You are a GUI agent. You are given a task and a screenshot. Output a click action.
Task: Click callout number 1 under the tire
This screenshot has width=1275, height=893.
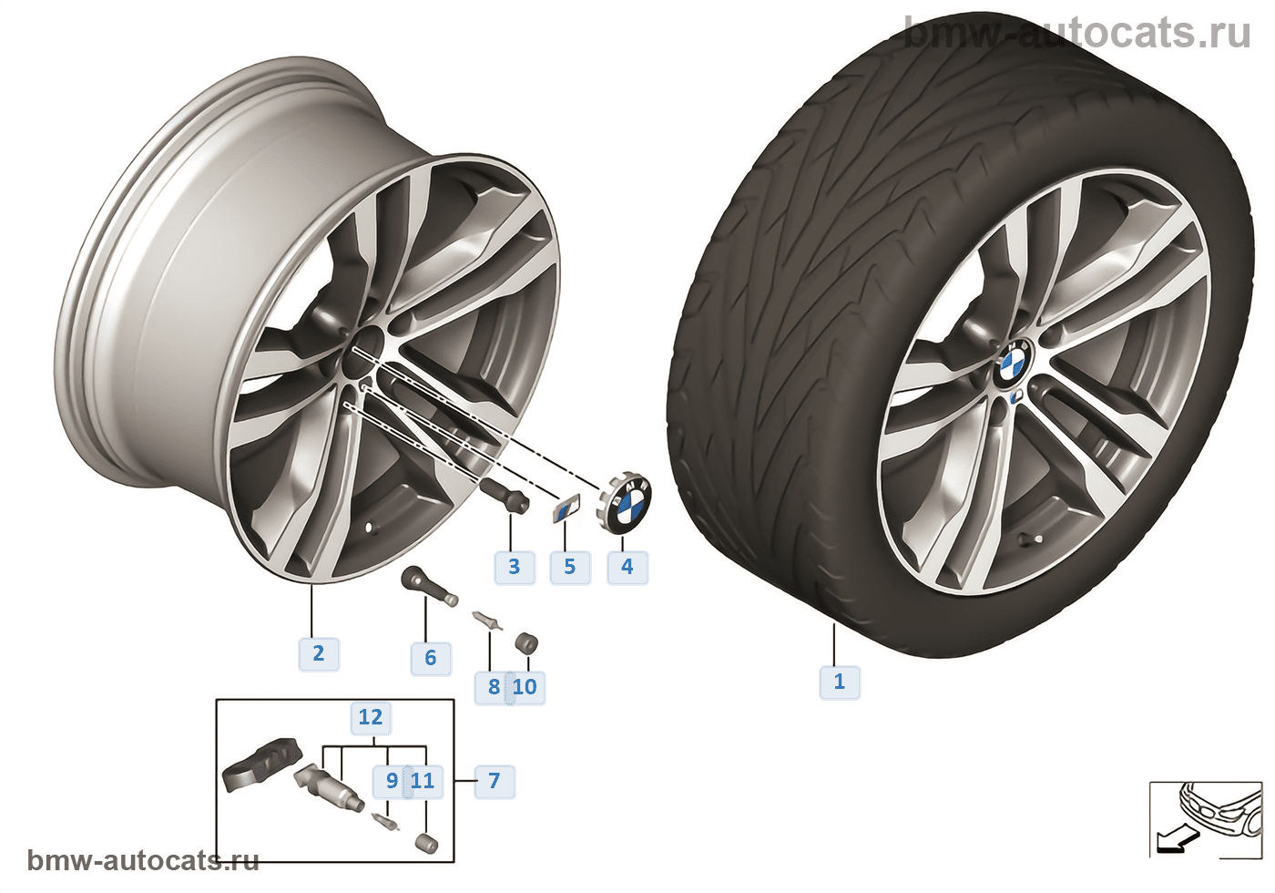[x=839, y=681]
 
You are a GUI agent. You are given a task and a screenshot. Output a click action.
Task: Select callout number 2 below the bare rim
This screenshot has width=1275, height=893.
[x=318, y=653]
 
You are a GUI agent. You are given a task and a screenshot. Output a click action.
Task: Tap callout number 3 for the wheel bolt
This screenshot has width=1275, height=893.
[x=514, y=567]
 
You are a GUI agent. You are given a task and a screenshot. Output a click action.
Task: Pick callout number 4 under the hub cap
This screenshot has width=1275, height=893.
[x=627, y=567]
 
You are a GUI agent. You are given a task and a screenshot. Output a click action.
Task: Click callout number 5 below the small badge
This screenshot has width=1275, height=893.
[x=569, y=567]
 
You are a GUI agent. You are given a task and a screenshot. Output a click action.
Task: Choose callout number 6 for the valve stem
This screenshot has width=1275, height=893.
[x=430, y=658]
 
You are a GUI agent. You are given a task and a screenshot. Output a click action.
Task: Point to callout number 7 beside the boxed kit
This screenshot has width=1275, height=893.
[x=494, y=781]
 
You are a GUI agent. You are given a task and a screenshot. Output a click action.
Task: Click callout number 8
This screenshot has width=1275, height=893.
[x=493, y=686]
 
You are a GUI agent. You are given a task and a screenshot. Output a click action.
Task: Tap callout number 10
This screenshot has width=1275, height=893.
[x=525, y=686]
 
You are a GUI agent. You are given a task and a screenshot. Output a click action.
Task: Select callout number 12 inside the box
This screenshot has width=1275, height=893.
[x=370, y=717]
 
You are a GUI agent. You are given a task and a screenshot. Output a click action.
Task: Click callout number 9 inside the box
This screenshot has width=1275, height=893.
[x=392, y=781]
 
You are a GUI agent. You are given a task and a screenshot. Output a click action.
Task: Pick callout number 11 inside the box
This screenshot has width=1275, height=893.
[x=423, y=781]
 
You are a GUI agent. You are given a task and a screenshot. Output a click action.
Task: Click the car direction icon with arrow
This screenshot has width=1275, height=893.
[x=1203, y=817]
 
